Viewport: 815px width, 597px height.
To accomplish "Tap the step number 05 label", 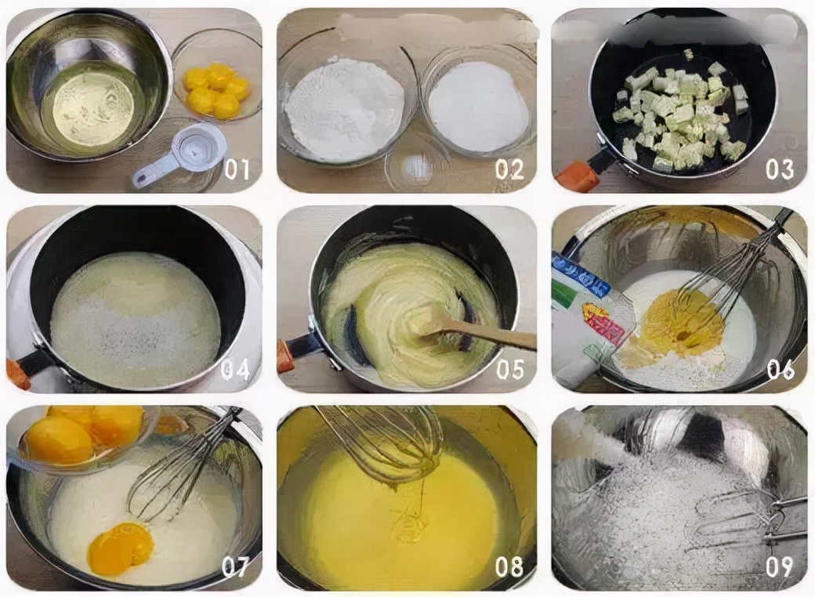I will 510,369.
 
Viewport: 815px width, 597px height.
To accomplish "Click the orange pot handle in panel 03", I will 578,176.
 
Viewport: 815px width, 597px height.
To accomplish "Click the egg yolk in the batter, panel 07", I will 119,548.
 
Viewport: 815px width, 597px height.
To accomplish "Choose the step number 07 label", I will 236,566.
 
